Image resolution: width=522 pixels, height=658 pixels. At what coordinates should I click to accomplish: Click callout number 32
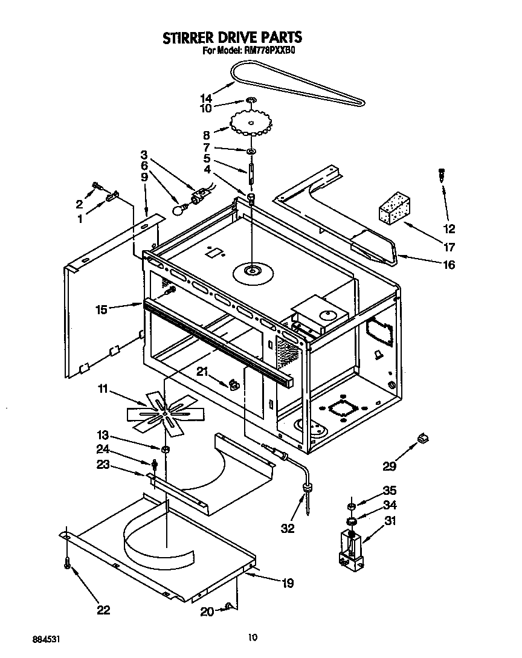point(288,527)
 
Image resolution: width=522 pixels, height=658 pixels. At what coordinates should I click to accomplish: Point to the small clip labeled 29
point(422,436)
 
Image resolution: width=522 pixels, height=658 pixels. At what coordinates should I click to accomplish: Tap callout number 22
point(103,610)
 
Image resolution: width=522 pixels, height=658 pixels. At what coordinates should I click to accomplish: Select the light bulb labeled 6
point(179,210)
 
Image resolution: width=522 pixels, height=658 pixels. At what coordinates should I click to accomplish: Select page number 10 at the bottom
point(253,636)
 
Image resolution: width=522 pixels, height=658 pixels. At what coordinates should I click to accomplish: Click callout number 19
point(288,583)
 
